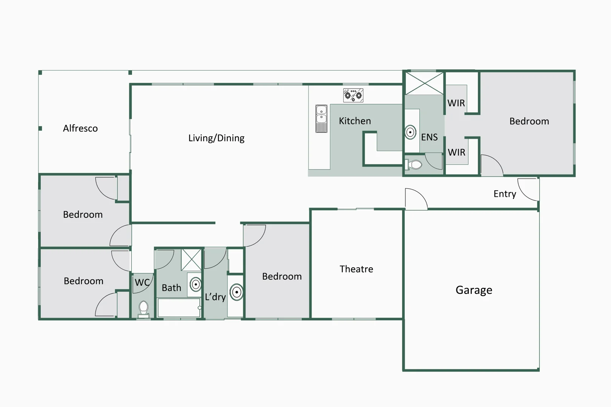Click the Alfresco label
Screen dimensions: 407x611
pos(80,129)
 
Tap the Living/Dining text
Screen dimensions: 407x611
pos(216,138)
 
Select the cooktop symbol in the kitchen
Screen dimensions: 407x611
pos(353,95)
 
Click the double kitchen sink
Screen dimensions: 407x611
pos(321,119)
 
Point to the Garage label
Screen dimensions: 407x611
pos(474,290)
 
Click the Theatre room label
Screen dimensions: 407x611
pos(356,269)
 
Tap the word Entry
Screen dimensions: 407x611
pos(505,194)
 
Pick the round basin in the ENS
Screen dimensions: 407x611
pos(410,132)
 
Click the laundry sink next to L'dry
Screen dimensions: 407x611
pos(236,292)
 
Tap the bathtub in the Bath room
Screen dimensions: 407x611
pos(179,308)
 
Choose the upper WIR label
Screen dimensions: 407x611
pos(456,103)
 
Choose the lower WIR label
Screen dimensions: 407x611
pos(456,153)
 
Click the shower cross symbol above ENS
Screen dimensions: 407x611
pos(424,83)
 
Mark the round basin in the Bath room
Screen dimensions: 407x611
pos(196,284)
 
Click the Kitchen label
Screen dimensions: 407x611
pos(355,121)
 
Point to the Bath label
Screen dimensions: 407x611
pos(171,288)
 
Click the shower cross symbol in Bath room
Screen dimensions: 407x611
pos(191,260)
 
